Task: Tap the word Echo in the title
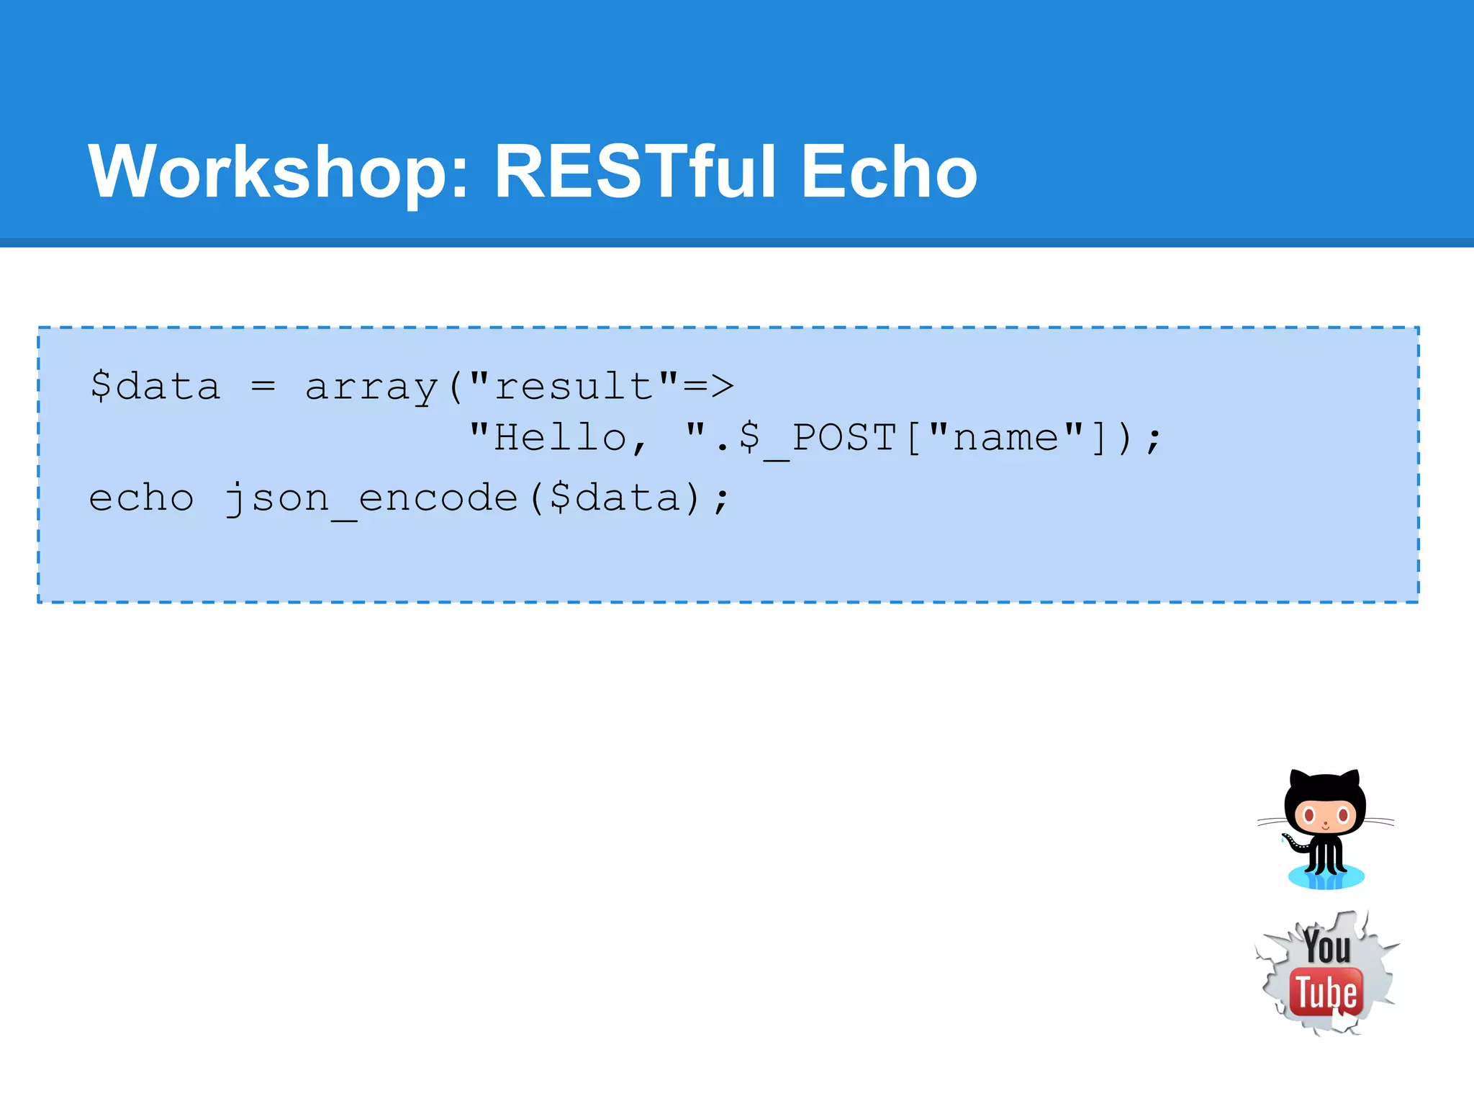(x=888, y=172)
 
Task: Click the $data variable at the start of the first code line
(x=155, y=387)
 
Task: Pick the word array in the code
(x=371, y=387)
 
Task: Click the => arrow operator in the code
(x=708, y=387)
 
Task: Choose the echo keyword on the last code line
(x=141, y=498)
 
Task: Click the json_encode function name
(x=371, y=499)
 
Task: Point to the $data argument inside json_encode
(x=615, y=498)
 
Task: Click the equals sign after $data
(x=263, y=387)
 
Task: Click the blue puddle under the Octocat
(x=1326, y=878)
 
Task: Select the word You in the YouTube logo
(x=1326, y=947)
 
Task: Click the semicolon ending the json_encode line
(x=721, y=500)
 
